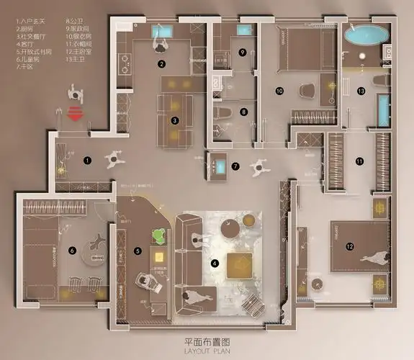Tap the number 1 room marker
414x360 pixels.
pos(87,160)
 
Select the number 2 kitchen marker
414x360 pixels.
pos(162,64)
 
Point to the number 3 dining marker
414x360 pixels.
pos(174,121)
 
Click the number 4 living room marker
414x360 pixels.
pos(214,264)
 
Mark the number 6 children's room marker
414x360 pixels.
pos(71,250)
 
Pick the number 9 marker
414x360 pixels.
pos(243,52)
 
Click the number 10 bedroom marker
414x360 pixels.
pos(279,91)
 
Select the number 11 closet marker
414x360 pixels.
pos(359,161)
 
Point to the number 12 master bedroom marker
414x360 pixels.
pos(349,246)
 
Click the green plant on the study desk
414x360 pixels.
pos(158,235)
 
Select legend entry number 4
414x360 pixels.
pos(27,42)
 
